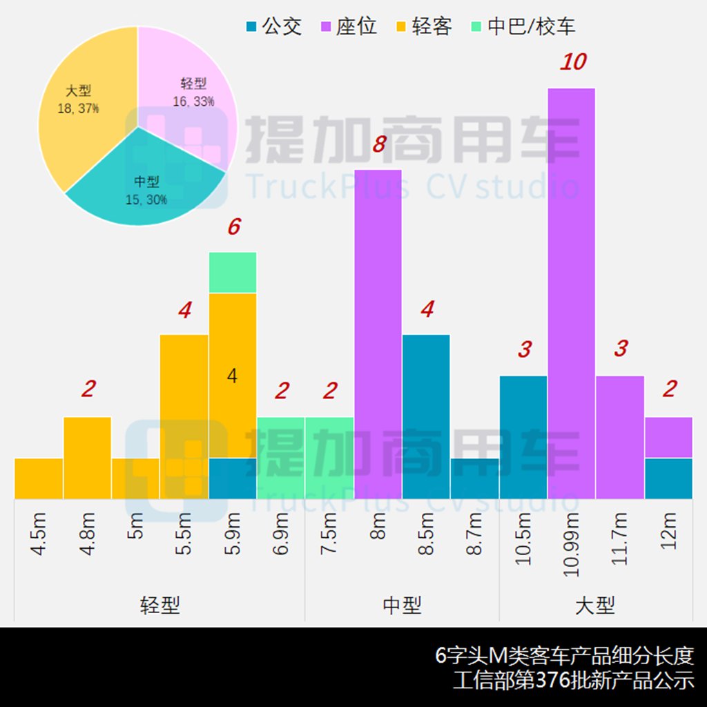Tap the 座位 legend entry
click(349, 27)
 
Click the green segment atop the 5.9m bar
click(233, 273)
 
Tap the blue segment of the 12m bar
click(668, 478)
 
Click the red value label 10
click(572, 62)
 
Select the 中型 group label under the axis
click(402, 606)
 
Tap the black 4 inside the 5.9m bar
click(233, 376)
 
